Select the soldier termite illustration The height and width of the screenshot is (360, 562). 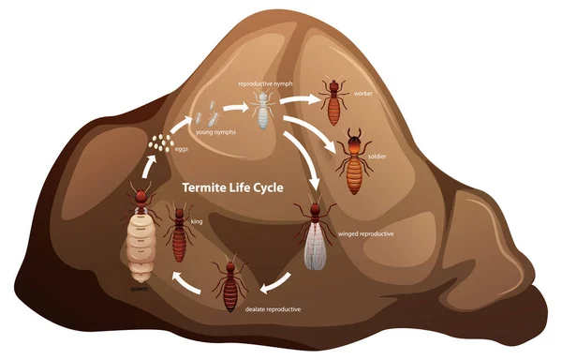point(353,161)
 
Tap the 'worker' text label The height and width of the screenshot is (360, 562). point(364,95)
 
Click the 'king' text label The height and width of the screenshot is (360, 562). point(197,222)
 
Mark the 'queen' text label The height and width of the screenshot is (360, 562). point(140,290)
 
